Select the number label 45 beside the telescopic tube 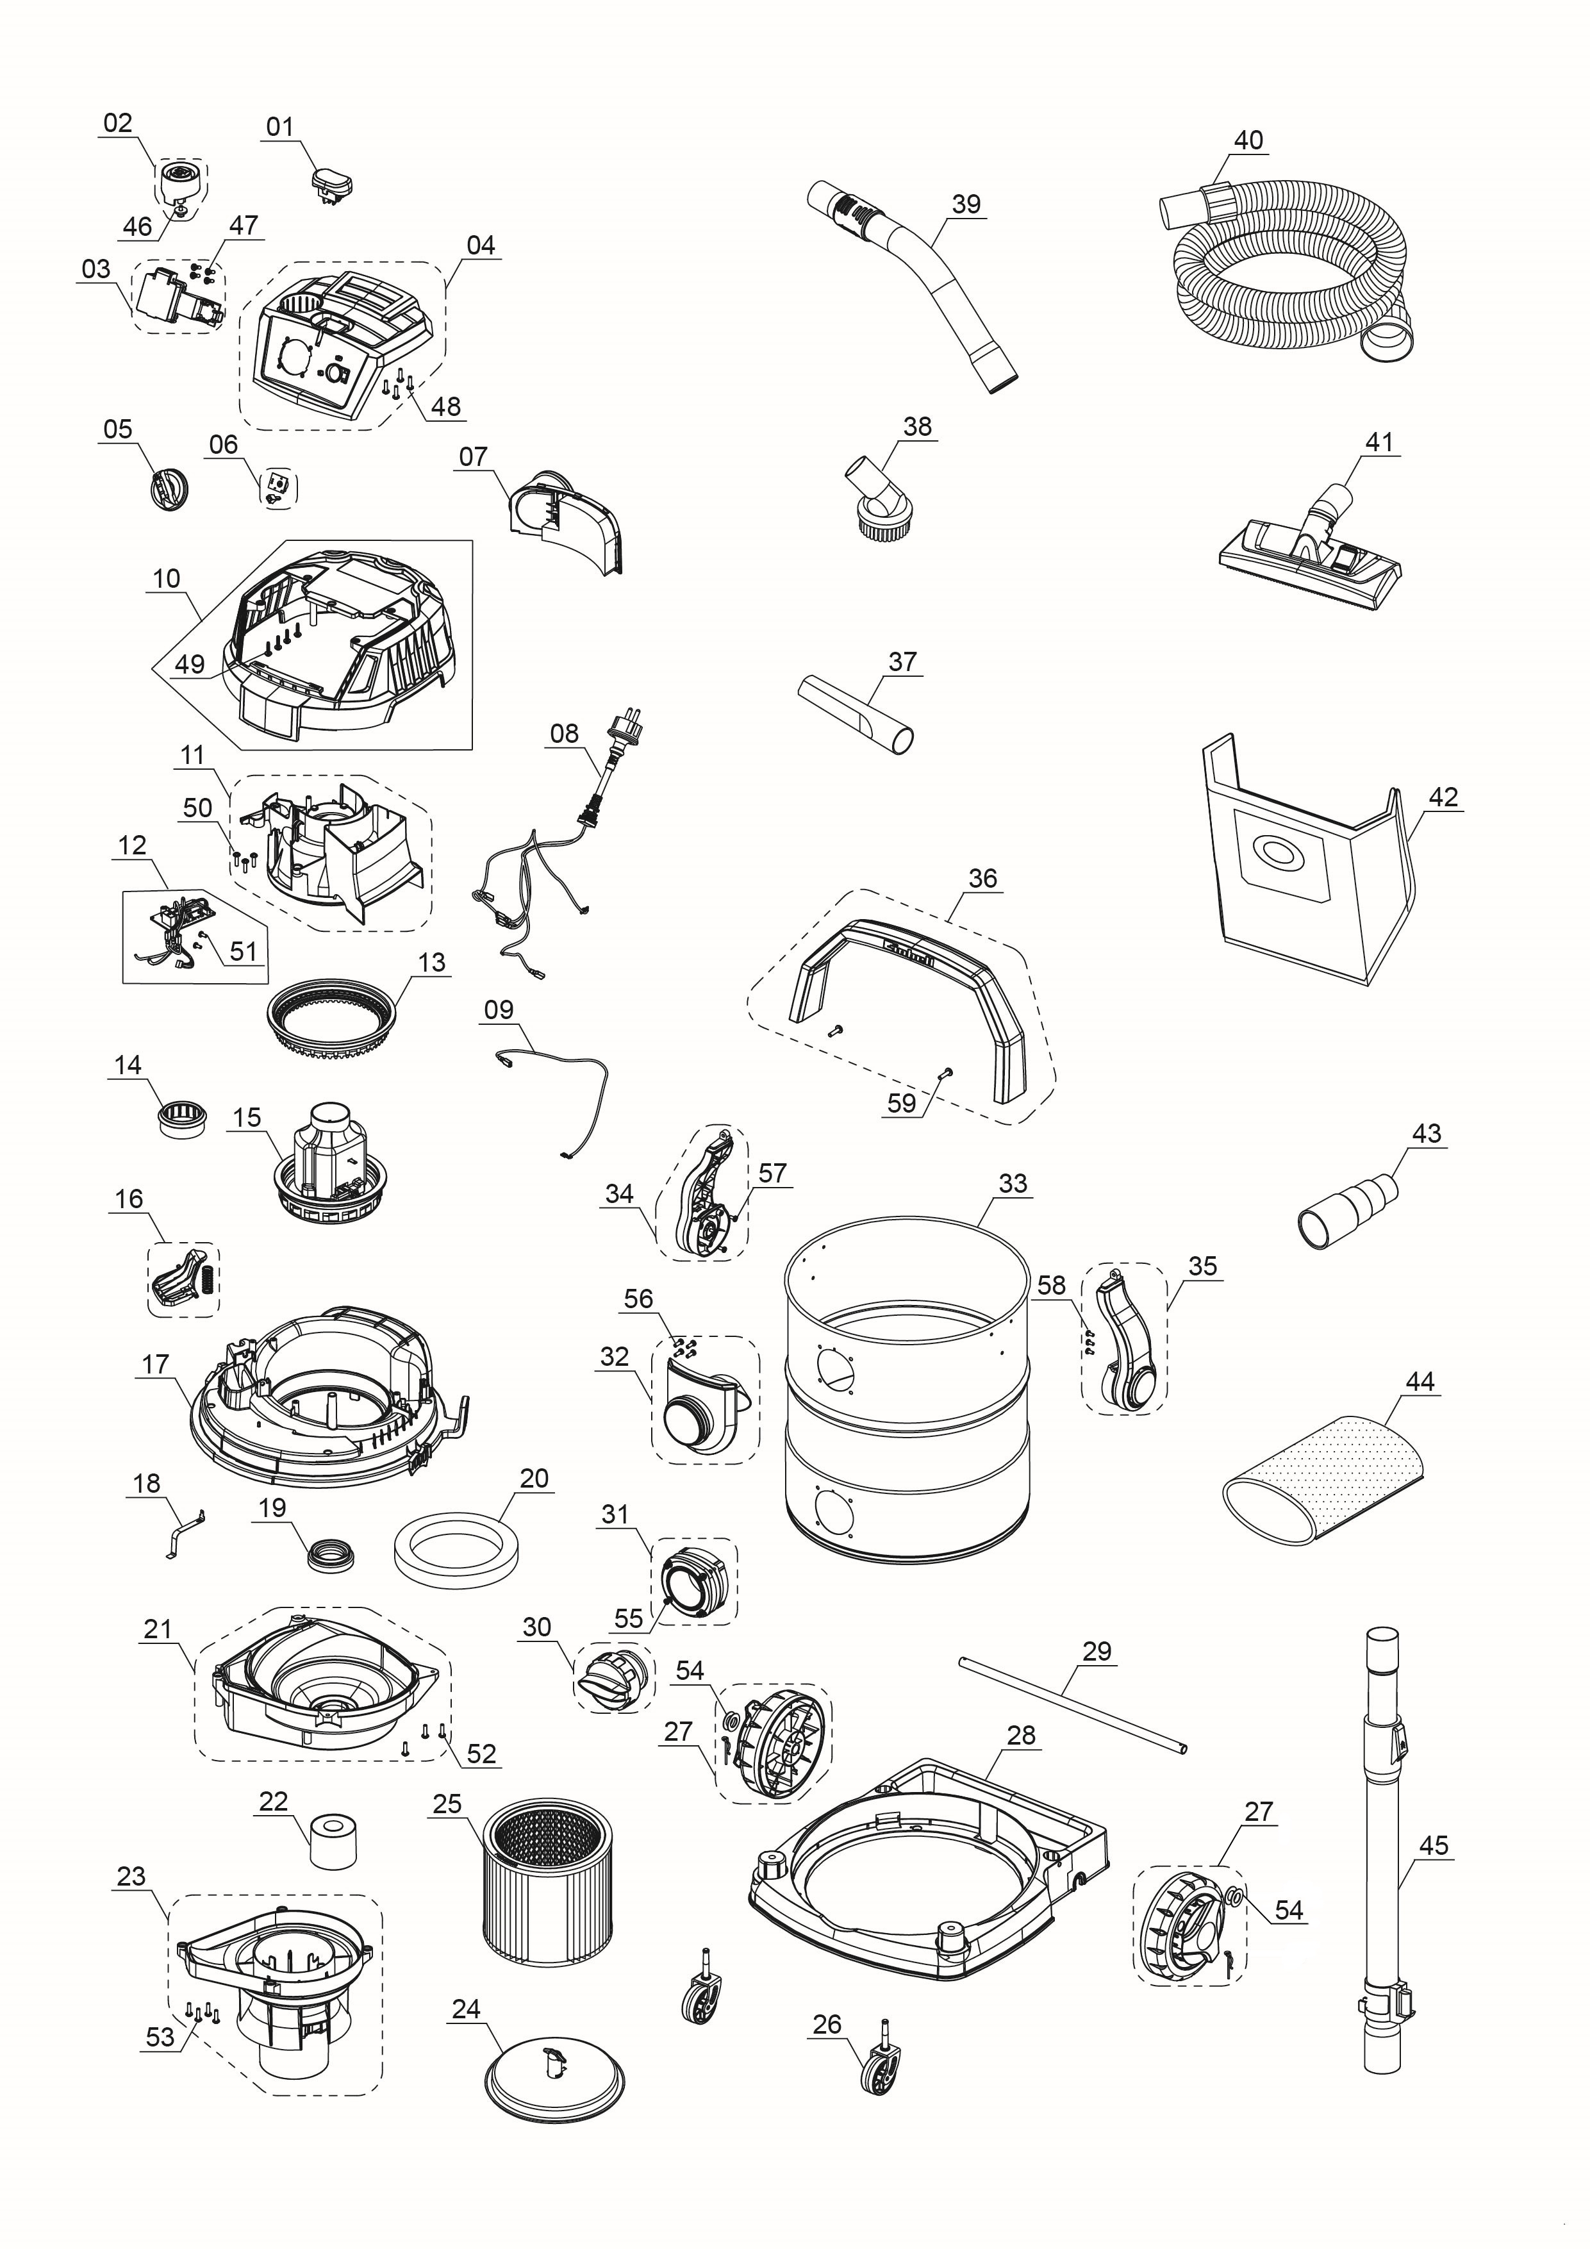(x=1432, y=1845)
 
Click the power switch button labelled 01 (x=331, y=183)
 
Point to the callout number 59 (x=900, y=1103)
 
